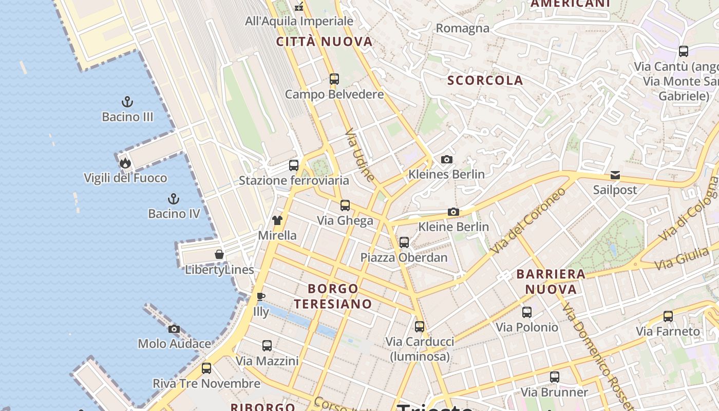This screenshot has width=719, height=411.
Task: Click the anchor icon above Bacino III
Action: coord(127,102)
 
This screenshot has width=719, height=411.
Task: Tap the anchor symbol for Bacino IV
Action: coord(174,198)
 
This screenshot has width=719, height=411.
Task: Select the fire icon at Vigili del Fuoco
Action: coord(125,163)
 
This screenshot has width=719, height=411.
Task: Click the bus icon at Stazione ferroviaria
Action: coord(294,165)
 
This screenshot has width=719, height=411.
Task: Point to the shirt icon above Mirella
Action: coord(277,220)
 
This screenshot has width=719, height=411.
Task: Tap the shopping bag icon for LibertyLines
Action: coord(219,254)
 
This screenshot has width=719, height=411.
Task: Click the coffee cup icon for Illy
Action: coord(261,296)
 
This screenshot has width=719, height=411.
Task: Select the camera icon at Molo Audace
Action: coord(174,329)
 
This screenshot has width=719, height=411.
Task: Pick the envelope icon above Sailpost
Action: coord(615,175)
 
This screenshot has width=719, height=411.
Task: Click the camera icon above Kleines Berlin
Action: coord(447,159)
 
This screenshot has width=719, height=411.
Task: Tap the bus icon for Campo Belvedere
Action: coord(334,79)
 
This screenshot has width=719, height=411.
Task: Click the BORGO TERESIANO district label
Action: coord(333,296)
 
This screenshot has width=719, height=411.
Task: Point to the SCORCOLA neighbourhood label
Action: coord(485,80)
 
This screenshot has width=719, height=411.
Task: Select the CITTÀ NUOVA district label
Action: coord(324,42)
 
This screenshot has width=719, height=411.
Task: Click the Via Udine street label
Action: coord(359,155)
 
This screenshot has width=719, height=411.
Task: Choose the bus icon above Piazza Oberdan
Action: coord(404,242)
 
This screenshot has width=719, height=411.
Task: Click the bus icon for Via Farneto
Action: coord(668,316)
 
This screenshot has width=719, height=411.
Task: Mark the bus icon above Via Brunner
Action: coord(554,377)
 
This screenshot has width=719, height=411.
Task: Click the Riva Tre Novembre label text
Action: coord(206,384)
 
